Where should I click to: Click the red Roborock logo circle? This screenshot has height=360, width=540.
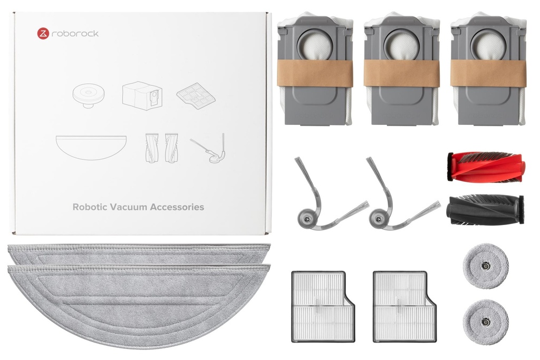point(43,34)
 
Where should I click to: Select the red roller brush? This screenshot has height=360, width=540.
point(486,167)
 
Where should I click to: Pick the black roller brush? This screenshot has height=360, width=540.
point(485,209)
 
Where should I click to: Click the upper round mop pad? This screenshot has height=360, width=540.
point(486,265)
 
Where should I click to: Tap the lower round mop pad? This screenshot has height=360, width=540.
point(486,322)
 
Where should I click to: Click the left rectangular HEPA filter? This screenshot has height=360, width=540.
point(323,307)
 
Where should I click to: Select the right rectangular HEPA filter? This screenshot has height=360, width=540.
point(404,307)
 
